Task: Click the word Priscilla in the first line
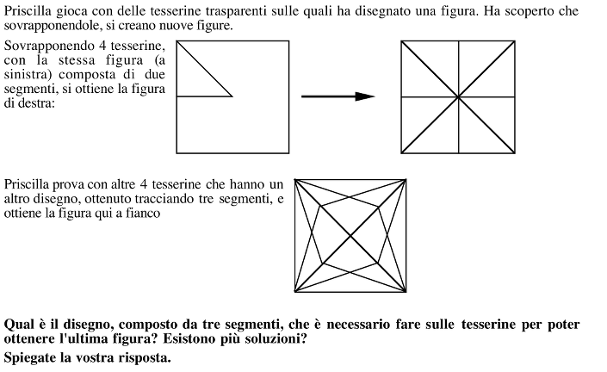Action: (28, 11)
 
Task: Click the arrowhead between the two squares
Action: (365, 96)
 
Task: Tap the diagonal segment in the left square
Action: (204, 69)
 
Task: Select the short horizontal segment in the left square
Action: (204, 96)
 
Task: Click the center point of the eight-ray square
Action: (458, 96)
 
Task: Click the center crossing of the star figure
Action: (350, 235)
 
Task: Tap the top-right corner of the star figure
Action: (406, 180)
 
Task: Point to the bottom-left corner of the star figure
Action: (295, 291)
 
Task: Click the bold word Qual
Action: (18, 325)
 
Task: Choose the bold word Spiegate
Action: (30, 358)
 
